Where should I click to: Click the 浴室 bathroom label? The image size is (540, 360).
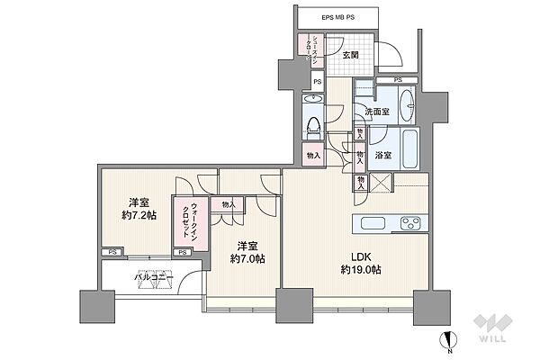(x=382, y=156)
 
